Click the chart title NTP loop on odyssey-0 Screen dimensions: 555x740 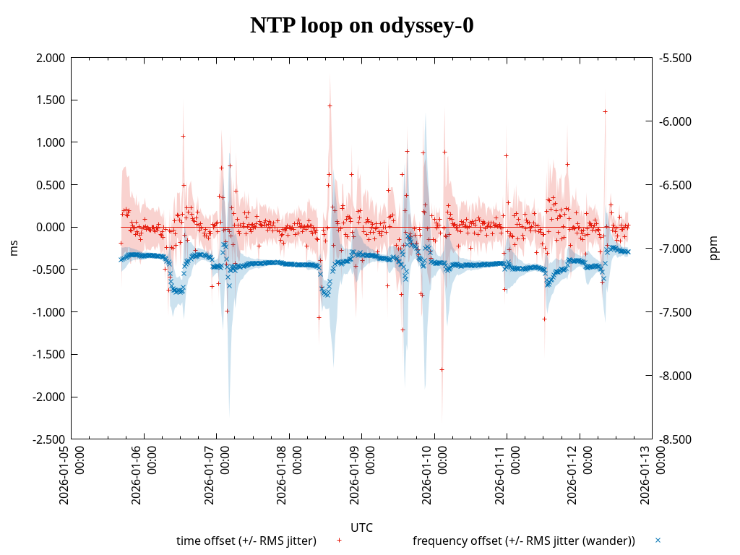pyautogui.click(x=362, y=25)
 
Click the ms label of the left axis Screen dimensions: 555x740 pyautogui.click(x=14, y=249)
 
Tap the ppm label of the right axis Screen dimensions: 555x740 pyautogui.click(x=714, y=249)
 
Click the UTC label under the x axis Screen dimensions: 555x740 pyautogui.click(x=361, y=528)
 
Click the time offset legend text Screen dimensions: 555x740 pyautogui.click(x=246, y=541)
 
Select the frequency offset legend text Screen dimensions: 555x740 pyautogui.click(x=524, y=541)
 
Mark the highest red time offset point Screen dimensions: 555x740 pyautogui.click(x=330, y=106)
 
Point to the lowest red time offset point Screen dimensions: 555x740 pyautogui.click(x=442, y=369)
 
